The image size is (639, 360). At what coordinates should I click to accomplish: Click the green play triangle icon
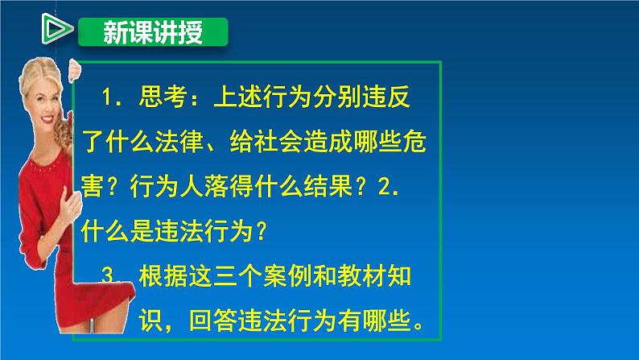click(x=56, y=29)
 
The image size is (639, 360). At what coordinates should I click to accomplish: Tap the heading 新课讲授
click(x=153, y=32)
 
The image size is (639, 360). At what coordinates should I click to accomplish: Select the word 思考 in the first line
click(x=163, y=97)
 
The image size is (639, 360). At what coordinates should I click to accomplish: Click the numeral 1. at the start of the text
click(x=111, y=97)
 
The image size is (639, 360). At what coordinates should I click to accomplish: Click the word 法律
click(x=179, y=142)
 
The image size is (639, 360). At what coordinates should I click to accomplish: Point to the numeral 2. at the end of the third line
click(x=389, y=187)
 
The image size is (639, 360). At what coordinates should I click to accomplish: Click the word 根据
click(x=163, y=276)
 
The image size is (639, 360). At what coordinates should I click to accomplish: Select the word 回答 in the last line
click(x=213, y=321)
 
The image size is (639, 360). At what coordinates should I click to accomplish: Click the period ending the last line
click(x=418, y=326)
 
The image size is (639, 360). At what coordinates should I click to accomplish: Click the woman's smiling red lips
click(x=47, y=119)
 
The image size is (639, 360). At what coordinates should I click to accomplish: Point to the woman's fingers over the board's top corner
click(x=74, y=70)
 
